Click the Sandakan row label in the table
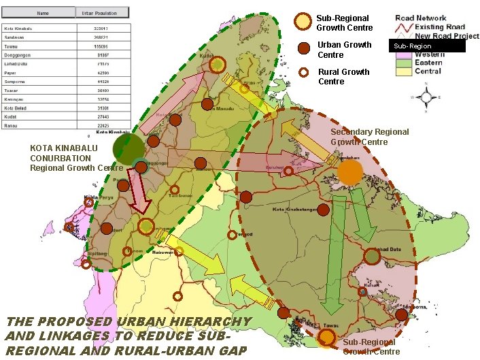14,37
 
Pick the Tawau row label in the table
12,46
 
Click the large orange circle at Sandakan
349,172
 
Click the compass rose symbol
426,96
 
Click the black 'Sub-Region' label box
426,46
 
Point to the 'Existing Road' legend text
439,27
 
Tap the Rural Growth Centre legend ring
304,73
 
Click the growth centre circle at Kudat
217,65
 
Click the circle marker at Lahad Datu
371,256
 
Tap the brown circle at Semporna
401,314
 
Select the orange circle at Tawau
327,336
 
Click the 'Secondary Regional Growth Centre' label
369,137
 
